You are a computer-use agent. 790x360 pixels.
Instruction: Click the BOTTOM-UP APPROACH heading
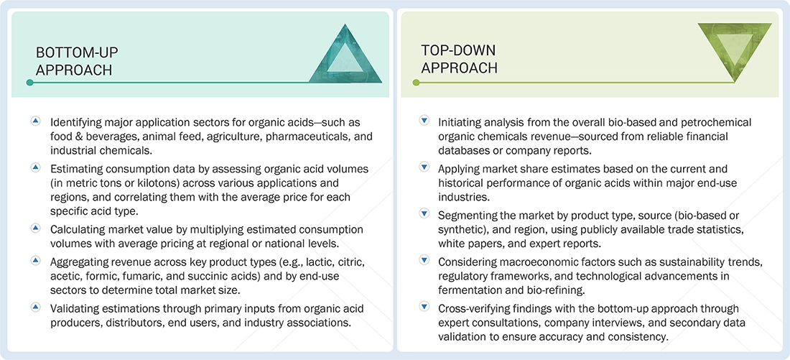click(77, 61)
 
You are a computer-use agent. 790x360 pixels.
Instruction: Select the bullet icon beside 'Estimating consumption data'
click(35, 167)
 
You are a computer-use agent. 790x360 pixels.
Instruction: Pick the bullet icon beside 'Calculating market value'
click(35, 228)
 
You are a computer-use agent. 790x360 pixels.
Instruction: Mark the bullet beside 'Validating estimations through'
click(35, 308)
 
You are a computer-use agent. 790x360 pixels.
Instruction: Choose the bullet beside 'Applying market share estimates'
click(424, 167)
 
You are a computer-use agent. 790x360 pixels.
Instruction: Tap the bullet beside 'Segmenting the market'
click(424, 214)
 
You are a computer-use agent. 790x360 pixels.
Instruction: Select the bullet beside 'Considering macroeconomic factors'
click(424, 261)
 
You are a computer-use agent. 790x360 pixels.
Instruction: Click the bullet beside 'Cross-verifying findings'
click(424, 308)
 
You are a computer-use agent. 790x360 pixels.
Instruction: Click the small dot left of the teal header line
click(29, 83)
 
